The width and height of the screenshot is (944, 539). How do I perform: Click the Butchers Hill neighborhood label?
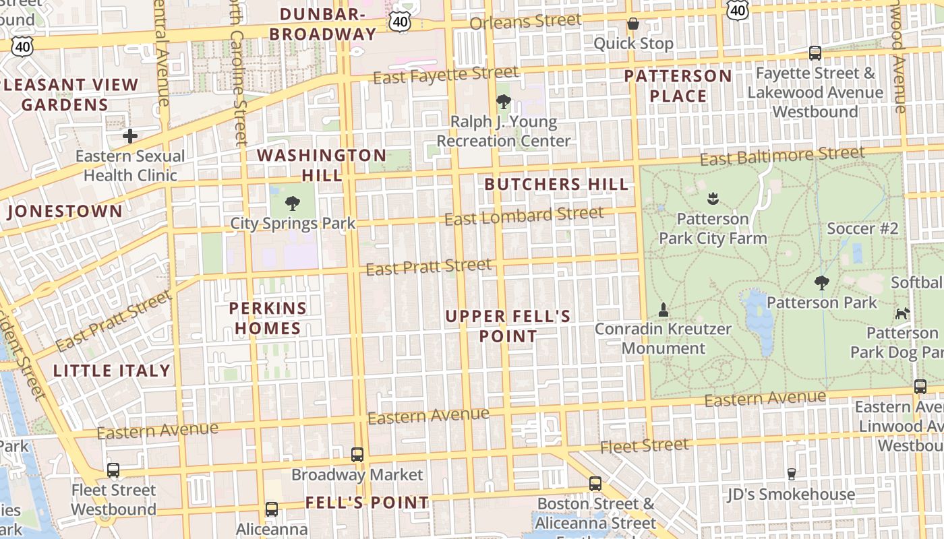click(556, 184)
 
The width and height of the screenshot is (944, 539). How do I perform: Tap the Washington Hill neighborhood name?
click(322, 165)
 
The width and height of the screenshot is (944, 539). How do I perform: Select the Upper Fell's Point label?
click(508, 326)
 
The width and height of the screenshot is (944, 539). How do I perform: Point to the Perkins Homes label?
click(268, 318)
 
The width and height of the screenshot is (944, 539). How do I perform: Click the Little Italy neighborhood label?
click(111, 371)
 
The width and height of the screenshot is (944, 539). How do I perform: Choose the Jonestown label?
click(65, 212)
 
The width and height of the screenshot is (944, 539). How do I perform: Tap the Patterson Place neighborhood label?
click(678, 86)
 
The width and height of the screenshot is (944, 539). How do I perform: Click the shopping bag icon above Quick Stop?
click(633, 24)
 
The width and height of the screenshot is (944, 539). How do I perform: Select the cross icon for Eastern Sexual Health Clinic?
click(129, 136)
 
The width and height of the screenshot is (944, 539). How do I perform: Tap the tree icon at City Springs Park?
click(293, 203)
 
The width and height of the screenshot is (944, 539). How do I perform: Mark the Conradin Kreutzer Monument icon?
click(663, 310)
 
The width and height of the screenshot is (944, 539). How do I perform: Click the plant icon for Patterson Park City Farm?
click(713, 199)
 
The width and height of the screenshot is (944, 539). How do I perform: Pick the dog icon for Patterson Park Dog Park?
click(902, 313)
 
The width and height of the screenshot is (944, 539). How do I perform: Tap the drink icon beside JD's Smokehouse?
click(791, 474)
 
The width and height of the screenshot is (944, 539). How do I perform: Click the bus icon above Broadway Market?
click(357, 455)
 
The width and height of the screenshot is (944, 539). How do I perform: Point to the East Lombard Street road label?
click(524, 216)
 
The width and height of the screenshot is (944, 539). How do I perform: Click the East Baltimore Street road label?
click(781, 156)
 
